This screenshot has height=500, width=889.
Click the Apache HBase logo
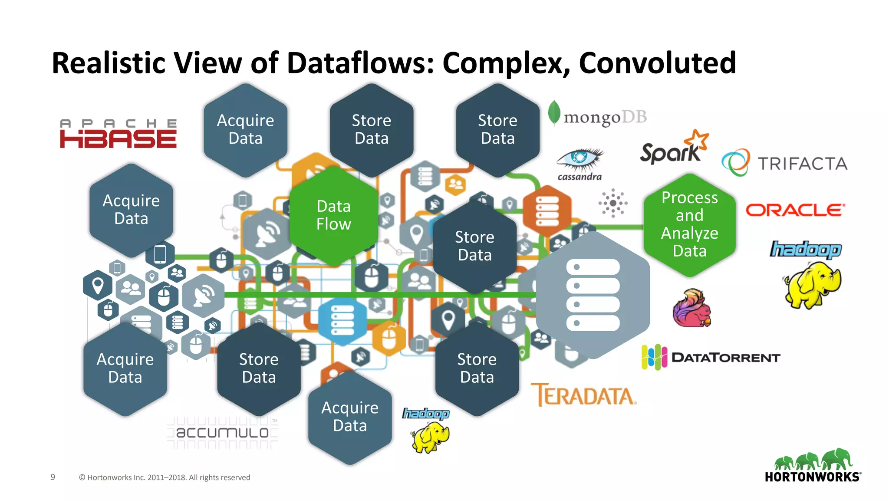click(118, 134)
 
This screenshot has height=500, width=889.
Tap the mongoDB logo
click(597, 115)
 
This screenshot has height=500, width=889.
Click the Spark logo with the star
click(673, 148)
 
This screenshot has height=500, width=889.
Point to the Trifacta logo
click(784, 163)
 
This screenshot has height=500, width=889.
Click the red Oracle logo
click(795, 210)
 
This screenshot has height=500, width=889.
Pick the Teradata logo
click(583, 395)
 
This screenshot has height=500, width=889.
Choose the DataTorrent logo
click(711, 357)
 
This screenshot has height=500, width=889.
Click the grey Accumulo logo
click(222, 432)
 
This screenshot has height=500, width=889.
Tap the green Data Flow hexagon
click(333, 215)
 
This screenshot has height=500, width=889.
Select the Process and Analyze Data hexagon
click(689, 224)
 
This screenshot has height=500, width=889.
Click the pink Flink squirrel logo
click(692, 309)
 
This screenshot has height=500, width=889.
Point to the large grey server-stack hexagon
click(593, 295)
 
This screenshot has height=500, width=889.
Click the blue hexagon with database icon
click(342, 321)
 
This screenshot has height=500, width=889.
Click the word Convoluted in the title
click(657, 63)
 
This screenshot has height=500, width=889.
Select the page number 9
click(53, 477)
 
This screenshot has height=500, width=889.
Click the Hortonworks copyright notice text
click(165, 477)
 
